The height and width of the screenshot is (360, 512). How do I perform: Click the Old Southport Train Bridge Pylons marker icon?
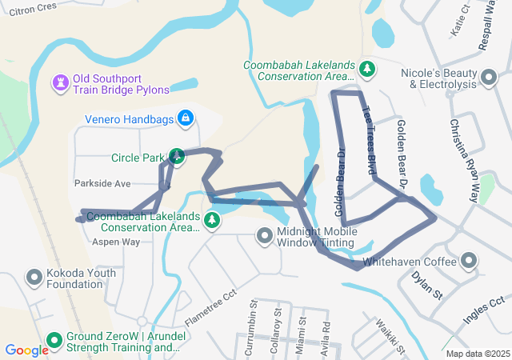click(60, 83)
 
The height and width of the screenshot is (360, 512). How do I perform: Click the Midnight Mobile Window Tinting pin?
click(264, 236)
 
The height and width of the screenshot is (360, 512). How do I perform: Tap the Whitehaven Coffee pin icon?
click(469, 261)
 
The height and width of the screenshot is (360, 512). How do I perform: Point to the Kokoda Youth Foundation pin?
click(34, 278)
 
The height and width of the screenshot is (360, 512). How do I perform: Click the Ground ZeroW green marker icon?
click(54, 341)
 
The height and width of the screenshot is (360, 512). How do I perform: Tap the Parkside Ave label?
click(102, 183)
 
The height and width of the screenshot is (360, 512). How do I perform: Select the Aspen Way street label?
click(116, 241)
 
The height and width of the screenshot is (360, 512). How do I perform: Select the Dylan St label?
click(426, 285)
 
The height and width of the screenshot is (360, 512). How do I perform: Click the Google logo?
click(26, 350)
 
